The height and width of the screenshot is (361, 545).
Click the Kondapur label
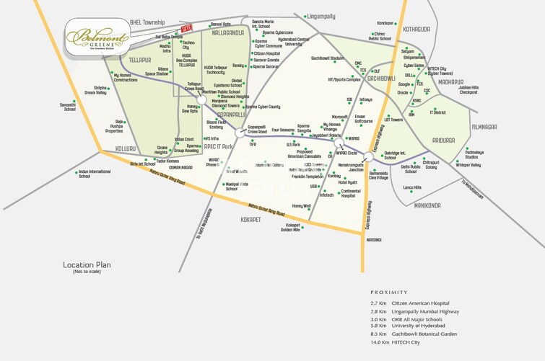(387, 22)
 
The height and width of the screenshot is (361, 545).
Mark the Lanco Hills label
(412, 187)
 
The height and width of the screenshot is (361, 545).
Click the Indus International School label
(95, 174)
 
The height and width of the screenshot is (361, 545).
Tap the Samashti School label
(69, 107)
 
